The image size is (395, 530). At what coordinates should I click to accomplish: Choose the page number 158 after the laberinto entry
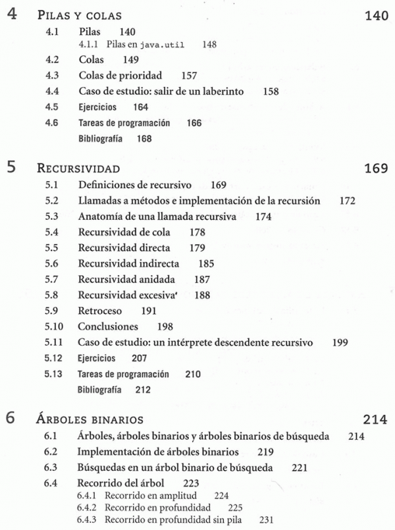coord(271,92)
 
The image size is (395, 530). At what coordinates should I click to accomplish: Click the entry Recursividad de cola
coord(124,232)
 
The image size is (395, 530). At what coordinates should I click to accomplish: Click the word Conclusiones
coord(108,327)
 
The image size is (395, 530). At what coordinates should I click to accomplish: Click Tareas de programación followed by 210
coord(123,374)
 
